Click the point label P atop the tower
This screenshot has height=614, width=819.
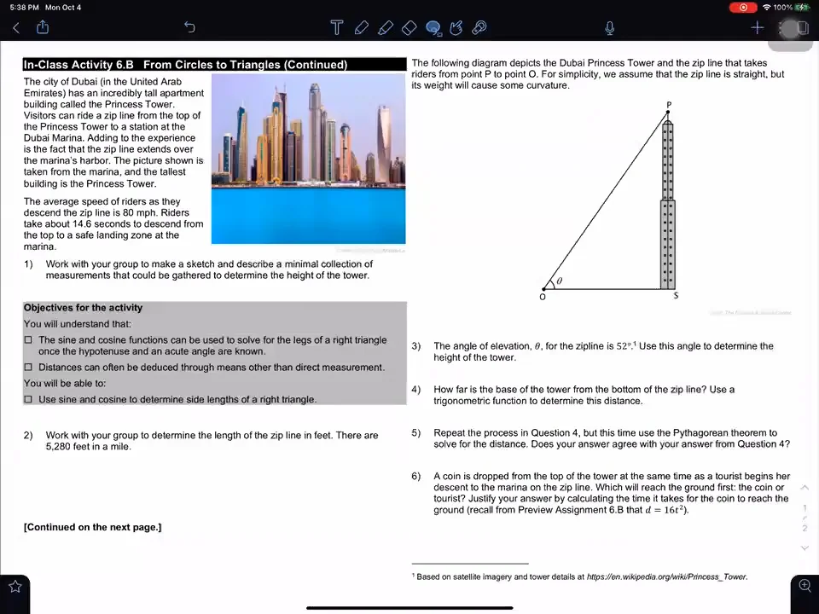pyautogui.click(x=669, y=105)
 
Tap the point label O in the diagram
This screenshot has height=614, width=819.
pyautogui.click(x=543, y=297)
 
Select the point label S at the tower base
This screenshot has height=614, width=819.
pyautogui.click(x=676, y=295)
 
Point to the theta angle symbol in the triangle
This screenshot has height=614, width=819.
pyautogui.click(x=560, y=281)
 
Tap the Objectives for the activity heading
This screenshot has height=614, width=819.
pyautogui.click(x=83, y=308)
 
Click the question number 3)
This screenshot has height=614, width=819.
pyautogui.click(x=416, y=346)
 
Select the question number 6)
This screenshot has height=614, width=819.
pyautogui.click(x=416, y=477)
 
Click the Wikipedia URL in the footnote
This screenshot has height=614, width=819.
pyautogui.click(x=666, y=577)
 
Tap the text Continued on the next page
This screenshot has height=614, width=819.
pyautogui.click(x=92, y=527)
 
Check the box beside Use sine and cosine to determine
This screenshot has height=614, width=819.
pyautogui.click(x=28, y=399)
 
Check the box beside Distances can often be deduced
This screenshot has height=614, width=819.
pyautogui.click(x=28, y=368)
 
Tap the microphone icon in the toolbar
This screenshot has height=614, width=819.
pyautogui.click(x=610, y=28)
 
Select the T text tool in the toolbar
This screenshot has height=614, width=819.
pyautogui.click(x=336, y=28)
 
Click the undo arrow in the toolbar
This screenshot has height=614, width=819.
pyautogui.click(x=189, y=28)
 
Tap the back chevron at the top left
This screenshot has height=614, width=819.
pyautogui.click(x=15, y=28)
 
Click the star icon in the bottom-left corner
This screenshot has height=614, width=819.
pyautogui.click(x=15, y=586)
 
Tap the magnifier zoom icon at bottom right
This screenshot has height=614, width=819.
pyautogui.click(x=804, y=585)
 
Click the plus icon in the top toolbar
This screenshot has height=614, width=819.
pyautogui.click(x=757, y=28)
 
